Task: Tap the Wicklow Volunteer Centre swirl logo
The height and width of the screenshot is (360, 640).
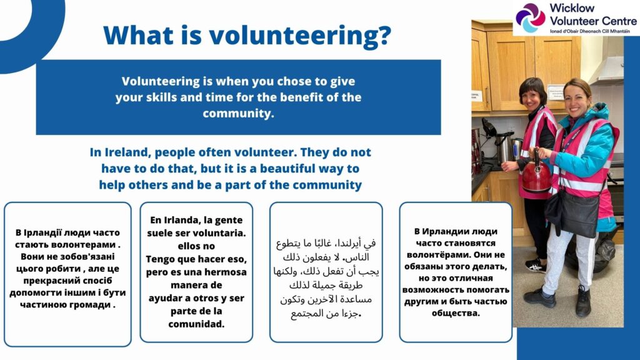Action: coord(530,17)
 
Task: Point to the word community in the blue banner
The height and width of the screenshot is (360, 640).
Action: coord(237,114)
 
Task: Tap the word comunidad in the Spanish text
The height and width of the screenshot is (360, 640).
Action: coord(196,324)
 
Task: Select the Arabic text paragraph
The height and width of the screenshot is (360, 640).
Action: coord(326,278)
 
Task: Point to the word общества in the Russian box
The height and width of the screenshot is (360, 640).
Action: coord(456,314)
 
